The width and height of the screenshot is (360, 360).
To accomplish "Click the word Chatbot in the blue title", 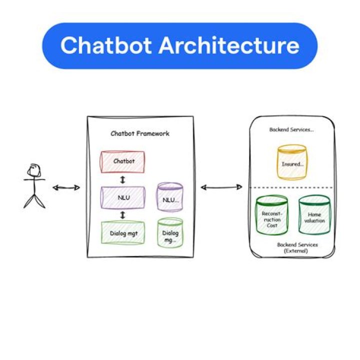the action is click(106, 45).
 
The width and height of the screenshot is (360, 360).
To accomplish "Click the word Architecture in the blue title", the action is click(229, 45).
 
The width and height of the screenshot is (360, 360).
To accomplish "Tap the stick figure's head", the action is click(34, 170).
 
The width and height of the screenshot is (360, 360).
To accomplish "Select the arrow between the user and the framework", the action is click(66, 188).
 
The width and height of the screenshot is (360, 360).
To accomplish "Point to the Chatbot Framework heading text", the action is click(140, 133).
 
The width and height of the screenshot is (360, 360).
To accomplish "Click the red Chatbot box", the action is click(123, 161).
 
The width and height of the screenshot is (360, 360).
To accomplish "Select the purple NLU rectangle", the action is click(123, 197).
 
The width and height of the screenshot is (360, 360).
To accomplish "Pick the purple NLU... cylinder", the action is click(170, 197).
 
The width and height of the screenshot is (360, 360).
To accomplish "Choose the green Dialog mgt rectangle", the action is click(123, 232).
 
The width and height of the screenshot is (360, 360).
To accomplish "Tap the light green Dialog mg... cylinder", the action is click(170, 233).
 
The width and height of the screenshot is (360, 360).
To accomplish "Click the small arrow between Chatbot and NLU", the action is click(123, 179).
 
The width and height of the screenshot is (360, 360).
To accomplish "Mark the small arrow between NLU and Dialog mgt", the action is click(123, 215).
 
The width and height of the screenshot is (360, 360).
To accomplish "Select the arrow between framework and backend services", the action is click(221, 187).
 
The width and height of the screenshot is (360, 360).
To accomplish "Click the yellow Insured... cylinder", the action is click(292, 162).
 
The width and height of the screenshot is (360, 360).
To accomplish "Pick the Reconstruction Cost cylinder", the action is click(272, 215).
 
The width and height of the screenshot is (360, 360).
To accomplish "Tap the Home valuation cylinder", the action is click(314, 214).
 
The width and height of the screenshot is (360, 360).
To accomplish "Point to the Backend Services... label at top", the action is click(291, 129).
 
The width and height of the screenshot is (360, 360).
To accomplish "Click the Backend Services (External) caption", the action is click(297, 247).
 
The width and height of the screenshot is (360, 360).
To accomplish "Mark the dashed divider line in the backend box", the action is click(291, 187).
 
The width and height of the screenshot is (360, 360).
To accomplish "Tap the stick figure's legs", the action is click(34, 201).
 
